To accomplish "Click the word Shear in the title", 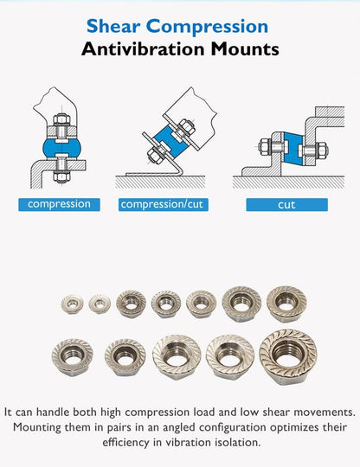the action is coord(113,26).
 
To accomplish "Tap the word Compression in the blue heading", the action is coord(207,27).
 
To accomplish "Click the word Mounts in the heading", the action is coord(245,49).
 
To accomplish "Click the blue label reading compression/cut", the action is coord(163,205).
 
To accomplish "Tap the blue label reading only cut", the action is coord(286,205).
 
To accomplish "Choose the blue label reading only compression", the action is coord(59,205).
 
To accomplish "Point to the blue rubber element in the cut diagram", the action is coord(293,149).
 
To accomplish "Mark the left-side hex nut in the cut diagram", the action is coord(265,147).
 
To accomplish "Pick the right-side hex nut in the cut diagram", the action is coord(322,150).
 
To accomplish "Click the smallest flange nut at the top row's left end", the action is coord(72,304).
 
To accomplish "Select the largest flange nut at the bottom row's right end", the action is coord(287,356).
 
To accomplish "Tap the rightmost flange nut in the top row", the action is coord(286,304).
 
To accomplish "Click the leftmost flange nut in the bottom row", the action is coord(72,356).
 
